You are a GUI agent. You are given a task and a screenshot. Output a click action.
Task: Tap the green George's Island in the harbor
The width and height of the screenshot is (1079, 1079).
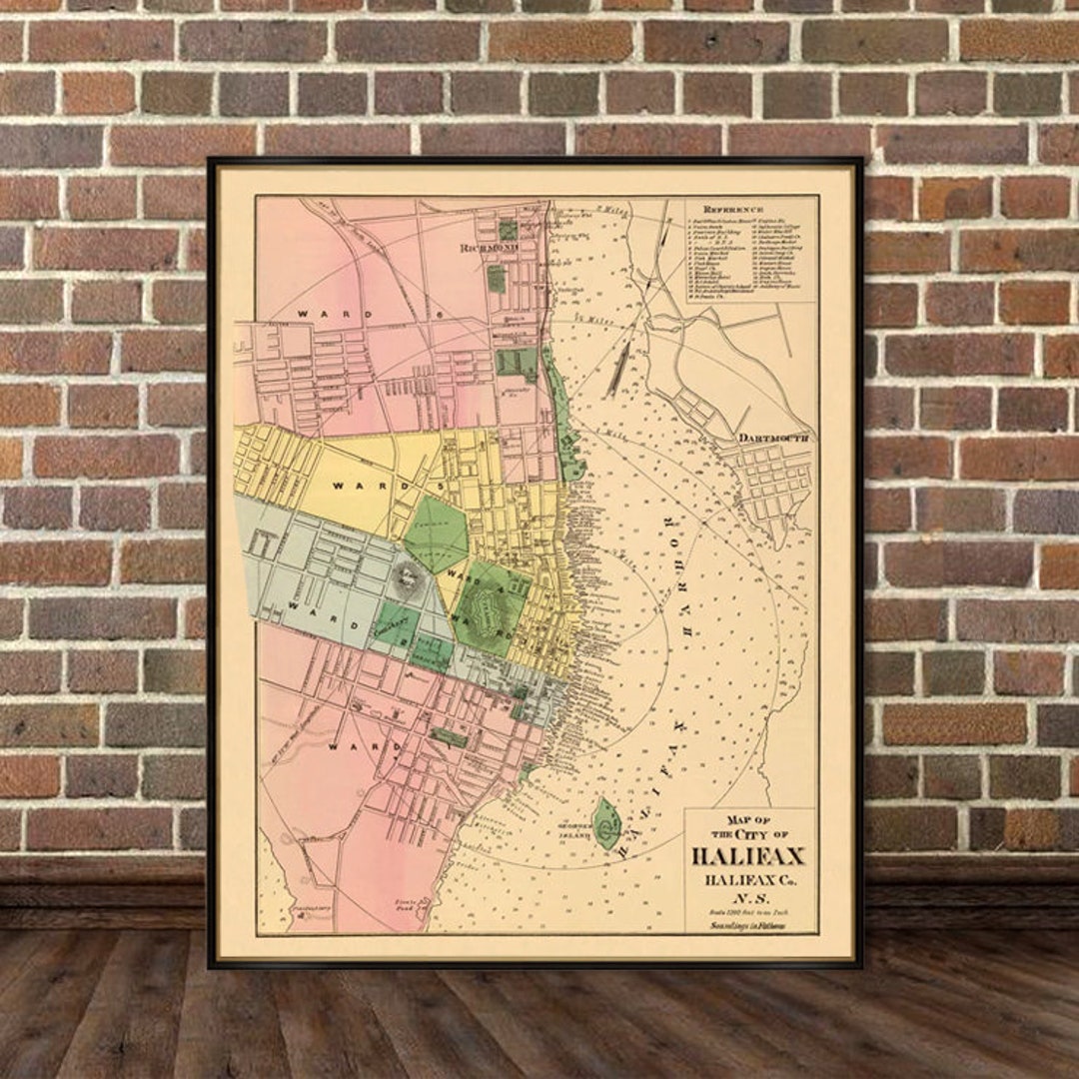606,823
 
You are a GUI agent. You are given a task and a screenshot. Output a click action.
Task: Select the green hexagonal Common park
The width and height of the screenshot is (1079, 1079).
435,535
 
